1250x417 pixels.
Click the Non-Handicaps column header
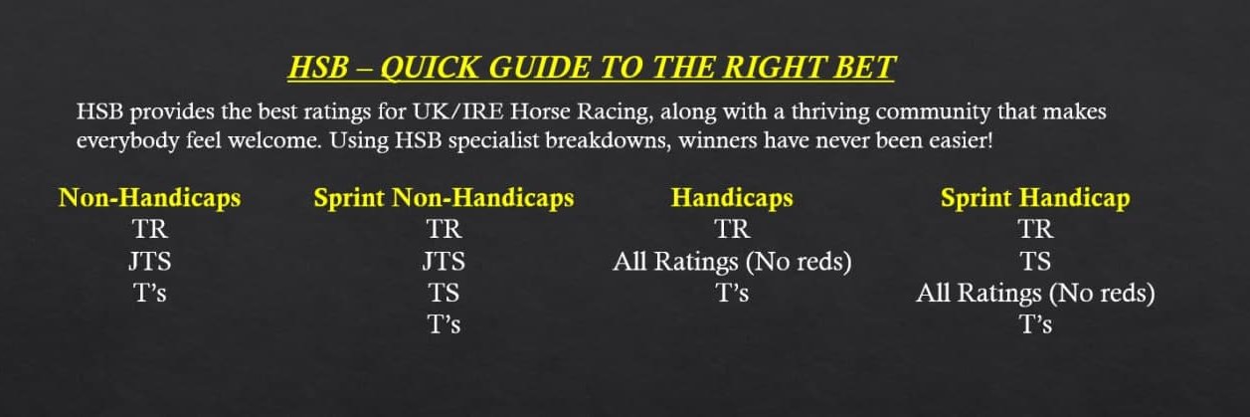[149, 198]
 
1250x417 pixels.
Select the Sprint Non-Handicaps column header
[444, 198]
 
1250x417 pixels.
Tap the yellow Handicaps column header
[732, 198]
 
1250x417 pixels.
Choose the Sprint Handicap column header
[1035, 198]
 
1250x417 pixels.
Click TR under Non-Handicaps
[149, 230]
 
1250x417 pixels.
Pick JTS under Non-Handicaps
[149, 262]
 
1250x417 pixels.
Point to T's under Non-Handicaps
[149, 293]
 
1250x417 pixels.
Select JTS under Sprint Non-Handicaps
[444, 262]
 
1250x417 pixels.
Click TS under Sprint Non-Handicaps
[444, 293]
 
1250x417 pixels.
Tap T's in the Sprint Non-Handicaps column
[444, 323]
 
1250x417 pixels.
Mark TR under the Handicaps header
[732, 230]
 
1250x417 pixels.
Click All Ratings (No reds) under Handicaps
[732, 262]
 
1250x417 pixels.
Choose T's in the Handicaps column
[732, 293]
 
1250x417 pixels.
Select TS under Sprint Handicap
[1035, 262]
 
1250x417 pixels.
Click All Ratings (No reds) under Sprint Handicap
[1035, 293]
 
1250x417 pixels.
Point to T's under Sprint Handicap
[1035, 323]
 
